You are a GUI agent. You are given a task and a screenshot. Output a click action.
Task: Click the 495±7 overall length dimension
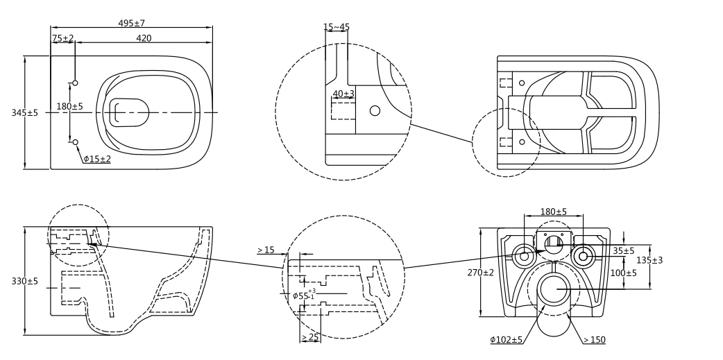[x=131, y=24]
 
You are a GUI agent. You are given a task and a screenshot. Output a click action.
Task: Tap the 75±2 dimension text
[x=62, y=38]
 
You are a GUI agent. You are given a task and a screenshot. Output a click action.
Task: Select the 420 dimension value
[x=143, y=38]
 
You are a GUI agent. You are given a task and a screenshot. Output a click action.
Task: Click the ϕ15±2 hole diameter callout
[x=97, y=159]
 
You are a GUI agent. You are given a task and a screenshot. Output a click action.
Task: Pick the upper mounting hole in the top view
[x=76, y=83]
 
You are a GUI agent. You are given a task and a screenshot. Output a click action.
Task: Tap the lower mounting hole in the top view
[x=76, y=142]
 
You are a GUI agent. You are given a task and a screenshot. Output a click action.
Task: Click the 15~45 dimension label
[x=337, y=27]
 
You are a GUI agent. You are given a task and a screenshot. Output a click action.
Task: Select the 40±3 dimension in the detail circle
[x=343, y=93]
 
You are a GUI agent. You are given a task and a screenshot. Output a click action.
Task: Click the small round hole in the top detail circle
[x=375, y=110]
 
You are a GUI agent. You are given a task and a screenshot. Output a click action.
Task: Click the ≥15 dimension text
[x=266, y=250]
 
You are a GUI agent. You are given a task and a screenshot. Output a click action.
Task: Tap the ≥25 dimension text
[x=309, y=337]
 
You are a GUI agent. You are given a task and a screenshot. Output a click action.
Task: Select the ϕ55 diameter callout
[x=302, y=295]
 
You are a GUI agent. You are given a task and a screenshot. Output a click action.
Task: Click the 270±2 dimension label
[x=480, y=273]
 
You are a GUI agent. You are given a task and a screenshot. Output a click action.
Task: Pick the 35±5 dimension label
[x=623, y=250]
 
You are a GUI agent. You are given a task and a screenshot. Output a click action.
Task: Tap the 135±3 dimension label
[x=650, y=259]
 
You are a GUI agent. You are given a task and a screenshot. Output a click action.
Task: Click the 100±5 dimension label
[x=623, y=273]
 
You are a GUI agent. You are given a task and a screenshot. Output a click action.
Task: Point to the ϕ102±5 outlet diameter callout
[x=506, y=340]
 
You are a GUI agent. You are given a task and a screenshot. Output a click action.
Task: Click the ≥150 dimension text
[x=595, y=340]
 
